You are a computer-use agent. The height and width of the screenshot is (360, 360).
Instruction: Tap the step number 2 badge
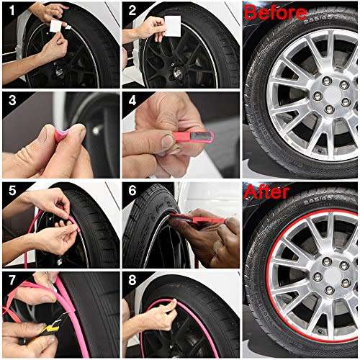coord(131,10)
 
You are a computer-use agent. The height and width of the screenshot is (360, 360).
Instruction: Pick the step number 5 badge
coord(10,191)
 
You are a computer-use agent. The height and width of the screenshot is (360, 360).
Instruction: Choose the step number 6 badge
coord(131,191)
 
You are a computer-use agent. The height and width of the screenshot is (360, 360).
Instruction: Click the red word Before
coord(276,12)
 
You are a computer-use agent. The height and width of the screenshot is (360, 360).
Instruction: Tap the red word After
coord(267,192)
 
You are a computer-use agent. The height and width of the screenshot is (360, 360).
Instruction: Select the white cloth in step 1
coord(55,26)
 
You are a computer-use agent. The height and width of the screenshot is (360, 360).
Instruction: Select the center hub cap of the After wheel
coord(323,276)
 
